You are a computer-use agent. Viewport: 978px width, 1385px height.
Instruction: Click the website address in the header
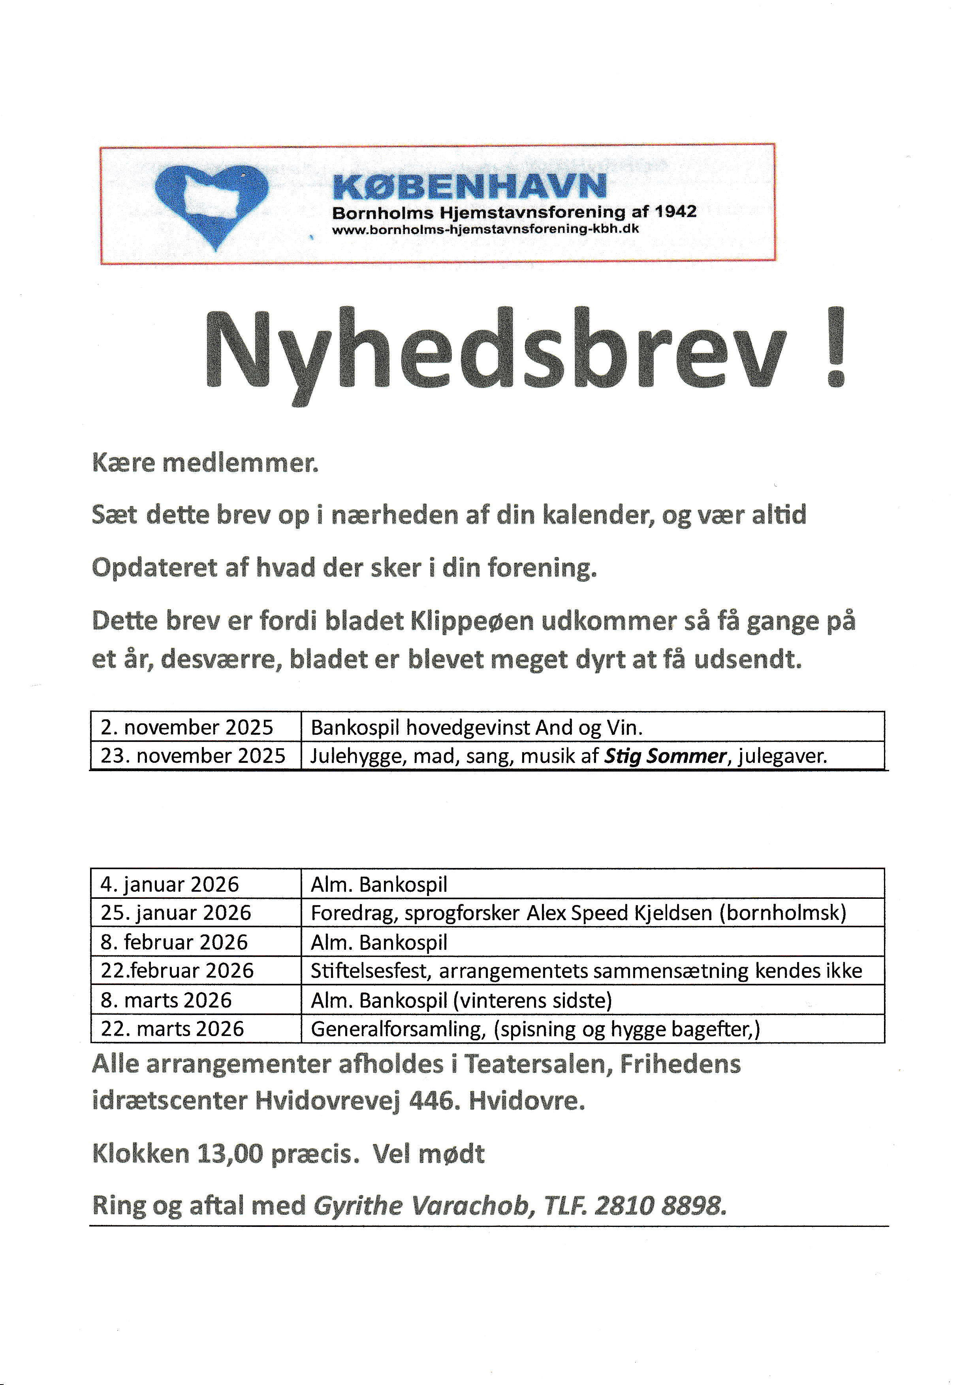[485, 229]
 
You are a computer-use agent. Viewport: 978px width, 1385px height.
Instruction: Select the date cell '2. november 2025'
[187, 727]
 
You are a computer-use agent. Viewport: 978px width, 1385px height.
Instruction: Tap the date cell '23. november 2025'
[193, 756]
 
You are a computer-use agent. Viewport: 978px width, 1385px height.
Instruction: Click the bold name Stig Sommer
[665, 756]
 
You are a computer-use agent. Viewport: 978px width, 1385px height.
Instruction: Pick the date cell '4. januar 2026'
[170, 884]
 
